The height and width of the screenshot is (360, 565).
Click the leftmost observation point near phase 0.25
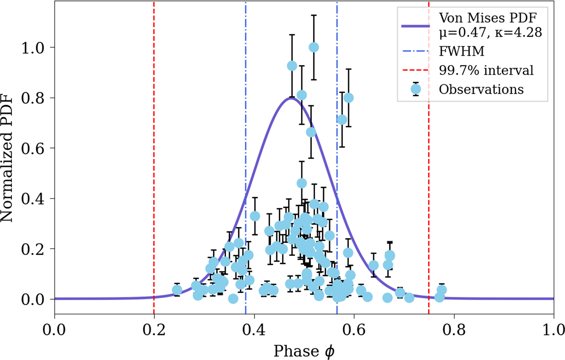click(177, 290)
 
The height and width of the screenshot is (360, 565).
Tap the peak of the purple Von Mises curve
click(291, 98)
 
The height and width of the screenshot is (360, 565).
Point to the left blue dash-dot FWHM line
click(246, 141)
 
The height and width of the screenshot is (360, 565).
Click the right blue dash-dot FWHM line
click(337, 141)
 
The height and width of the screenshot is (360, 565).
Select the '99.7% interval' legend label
click(486, 70)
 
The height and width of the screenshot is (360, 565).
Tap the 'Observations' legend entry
click(481, 89)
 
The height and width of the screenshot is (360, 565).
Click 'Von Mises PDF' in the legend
click(485, 19)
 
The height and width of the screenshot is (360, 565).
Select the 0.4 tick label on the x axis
click(254, 326)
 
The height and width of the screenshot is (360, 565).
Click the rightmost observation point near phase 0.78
click(442, 290)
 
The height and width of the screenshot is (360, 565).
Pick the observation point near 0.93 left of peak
click(292, 65)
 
